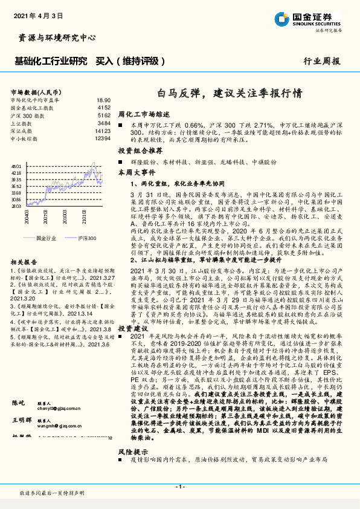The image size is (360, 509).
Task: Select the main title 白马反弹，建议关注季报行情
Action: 230,94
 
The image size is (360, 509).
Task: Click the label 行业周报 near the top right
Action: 321,61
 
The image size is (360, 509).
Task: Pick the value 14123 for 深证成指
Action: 103,131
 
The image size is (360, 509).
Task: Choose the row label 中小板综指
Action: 24,138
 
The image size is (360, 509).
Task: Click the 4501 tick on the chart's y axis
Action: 17,166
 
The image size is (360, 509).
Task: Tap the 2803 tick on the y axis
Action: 17,206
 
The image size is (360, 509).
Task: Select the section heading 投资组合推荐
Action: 140,150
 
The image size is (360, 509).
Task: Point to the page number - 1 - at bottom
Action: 179,487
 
